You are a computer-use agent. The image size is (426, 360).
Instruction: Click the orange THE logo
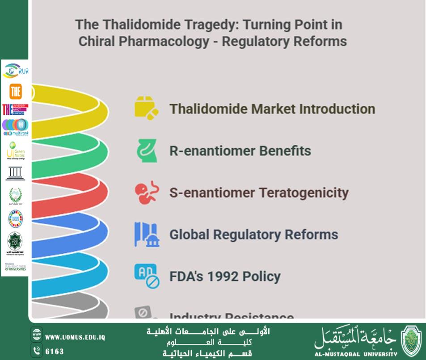15,92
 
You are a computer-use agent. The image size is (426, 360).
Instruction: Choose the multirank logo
15,127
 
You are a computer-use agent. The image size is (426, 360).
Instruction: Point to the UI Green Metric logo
15,151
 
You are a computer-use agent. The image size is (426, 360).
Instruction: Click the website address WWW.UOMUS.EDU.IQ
75,337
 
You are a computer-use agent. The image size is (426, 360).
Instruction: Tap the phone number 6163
55,352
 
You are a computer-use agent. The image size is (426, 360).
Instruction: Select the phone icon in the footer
36,351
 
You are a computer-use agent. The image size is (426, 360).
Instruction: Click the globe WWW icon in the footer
36,336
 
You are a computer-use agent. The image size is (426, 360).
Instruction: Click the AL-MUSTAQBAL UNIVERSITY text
355,354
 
